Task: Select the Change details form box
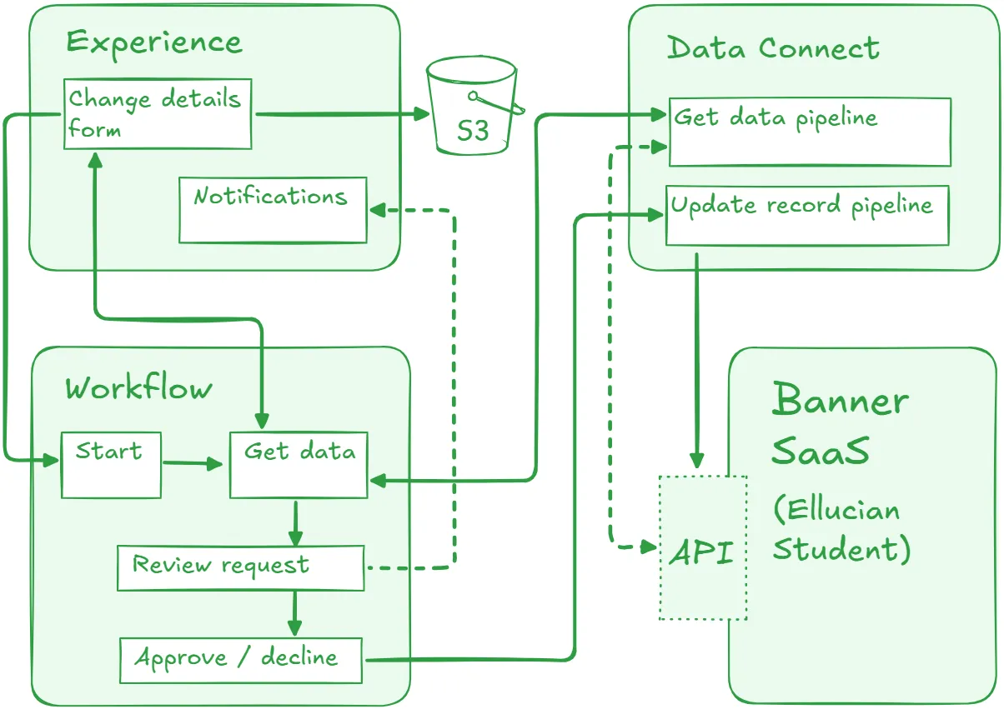158,114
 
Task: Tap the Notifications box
273,210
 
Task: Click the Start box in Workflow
111,465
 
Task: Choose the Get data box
299,465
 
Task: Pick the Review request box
240,568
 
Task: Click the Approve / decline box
241,660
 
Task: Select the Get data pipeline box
809,132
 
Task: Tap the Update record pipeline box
806,216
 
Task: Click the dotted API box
702,548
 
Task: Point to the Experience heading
154,42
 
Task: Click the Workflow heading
138,388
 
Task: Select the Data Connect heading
773,48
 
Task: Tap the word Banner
840,401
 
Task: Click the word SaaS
821,452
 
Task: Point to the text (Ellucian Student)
840,530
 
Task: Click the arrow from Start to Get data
195,463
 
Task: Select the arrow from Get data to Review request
294,522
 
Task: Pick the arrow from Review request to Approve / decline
294,614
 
